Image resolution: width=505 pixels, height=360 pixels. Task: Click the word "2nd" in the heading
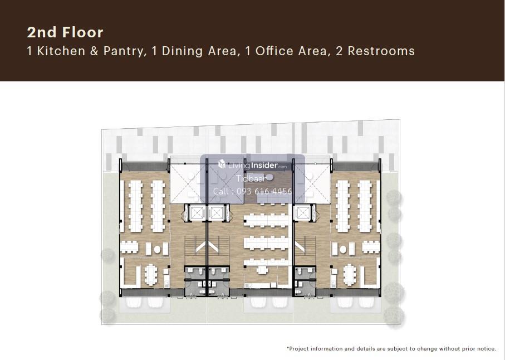pos(41,32)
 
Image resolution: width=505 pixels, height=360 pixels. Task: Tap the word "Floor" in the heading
pos(83,32)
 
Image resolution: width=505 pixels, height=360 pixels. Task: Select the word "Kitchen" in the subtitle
pos(61,51)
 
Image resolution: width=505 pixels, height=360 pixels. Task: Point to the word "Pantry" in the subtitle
pos(124,51)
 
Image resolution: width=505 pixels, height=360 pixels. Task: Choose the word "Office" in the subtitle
pos(274,51)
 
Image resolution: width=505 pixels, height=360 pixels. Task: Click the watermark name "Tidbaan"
pos(252,178)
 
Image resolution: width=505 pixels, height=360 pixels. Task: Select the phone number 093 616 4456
pos(264,192)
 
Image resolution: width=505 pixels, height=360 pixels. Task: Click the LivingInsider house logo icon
pos(222,164)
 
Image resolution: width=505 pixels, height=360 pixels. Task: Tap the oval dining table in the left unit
pos(150,275)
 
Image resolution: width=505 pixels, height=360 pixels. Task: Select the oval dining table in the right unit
pos(350,275)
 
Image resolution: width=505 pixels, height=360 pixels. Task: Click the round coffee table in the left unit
pos(157,249)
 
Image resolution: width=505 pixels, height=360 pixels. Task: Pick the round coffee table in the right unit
pos(343,249)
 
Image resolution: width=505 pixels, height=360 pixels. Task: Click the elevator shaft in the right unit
pos(302,213)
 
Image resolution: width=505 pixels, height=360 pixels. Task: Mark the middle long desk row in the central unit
pos(266,242)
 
